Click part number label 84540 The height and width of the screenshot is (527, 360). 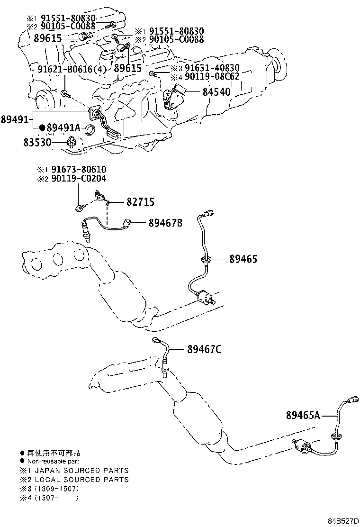tap(216, 92)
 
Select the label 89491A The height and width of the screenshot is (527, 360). tap(63, 127)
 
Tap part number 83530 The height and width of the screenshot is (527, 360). tap(37, 143)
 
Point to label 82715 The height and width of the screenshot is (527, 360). tap(140, 202)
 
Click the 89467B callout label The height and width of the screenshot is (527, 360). tap(166, 222)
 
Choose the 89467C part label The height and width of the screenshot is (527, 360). tap(204, 350)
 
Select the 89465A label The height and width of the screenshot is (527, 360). tap(303, 416)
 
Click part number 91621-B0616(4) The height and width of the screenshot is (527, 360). tap(72, 69)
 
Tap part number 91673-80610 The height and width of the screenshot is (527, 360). tap(79, 169)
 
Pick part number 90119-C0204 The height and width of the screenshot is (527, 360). tap(79, 178)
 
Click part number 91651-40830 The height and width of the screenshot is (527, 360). tap(212, 68)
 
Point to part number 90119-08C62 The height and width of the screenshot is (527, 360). tap(212, 77)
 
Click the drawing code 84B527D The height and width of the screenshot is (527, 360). tap(343, 521)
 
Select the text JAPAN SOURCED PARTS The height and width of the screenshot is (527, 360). tap(82, 470)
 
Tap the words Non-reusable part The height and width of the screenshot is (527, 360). tap(53, 462)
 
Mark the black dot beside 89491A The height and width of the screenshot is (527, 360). tap(42, 127)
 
